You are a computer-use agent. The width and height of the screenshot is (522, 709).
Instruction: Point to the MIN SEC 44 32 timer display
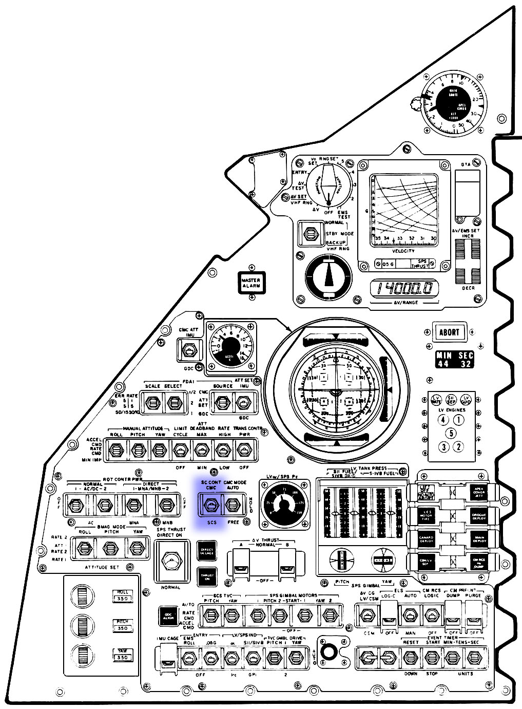(455, 360)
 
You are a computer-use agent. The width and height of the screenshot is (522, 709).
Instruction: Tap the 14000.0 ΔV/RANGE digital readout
(405, 289)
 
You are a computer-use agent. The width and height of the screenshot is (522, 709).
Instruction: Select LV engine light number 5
(451, 433)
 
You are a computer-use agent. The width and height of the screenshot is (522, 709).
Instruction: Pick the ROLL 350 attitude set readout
(123, 595)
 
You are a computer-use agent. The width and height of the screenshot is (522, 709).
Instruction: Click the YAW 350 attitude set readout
(123, 654)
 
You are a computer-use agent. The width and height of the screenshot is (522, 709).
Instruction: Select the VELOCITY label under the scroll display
(403, 250)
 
